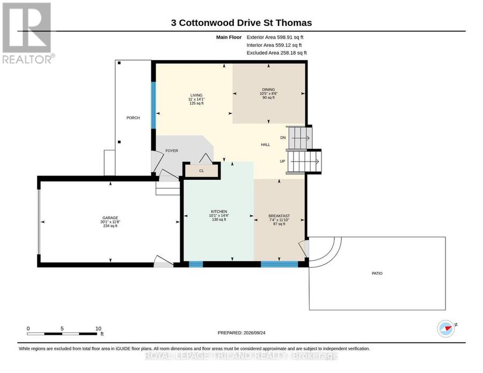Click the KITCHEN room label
[219, 211]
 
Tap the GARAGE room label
[110, 218]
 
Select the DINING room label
[269, 90]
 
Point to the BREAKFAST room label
[279, 216]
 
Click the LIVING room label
[196, 95]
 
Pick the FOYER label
[172, 151]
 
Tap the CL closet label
[202, 171]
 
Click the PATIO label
[377, 273]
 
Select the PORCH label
[133, 118]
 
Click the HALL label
[266, 144]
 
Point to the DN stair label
[283, 138]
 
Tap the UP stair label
[282, 161]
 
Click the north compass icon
[447, 328]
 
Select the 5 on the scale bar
[62, 328]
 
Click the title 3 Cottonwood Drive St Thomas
[241, 23]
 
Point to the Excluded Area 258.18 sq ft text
[276, 53]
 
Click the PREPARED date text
[241, 333]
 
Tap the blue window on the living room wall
[153, 105]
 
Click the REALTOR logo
[28, 33]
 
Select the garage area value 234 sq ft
[110, 226]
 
